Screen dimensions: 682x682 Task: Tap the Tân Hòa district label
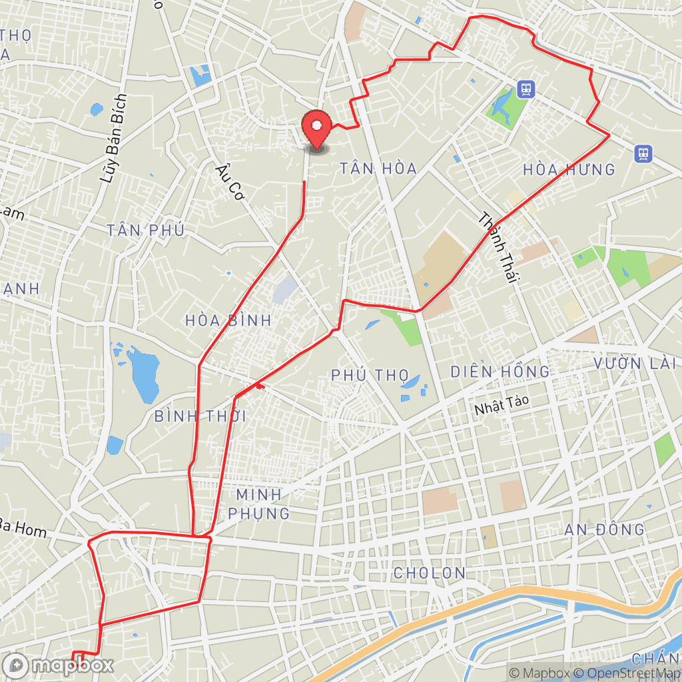[x=378, y=169]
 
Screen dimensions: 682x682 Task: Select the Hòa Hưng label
[x=569, y=170]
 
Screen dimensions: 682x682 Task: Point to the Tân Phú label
[x=145, y=230]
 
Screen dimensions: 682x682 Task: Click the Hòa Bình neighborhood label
[x=229, y=320]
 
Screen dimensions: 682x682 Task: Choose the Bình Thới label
[x=200, y=416]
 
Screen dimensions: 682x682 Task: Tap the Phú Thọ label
[x=370, y=375]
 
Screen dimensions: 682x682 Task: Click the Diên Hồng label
[x=500, y=372]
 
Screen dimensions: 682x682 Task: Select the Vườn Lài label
[x=635, y=364]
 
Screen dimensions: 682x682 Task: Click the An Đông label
[x=604, y=530]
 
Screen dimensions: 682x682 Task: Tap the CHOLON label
[x=429, y=573]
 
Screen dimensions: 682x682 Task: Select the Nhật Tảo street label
[x=497, y=408]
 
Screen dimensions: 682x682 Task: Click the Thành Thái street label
[x=499, y=248]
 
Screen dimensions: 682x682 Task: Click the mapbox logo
[x=59, y=665]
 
